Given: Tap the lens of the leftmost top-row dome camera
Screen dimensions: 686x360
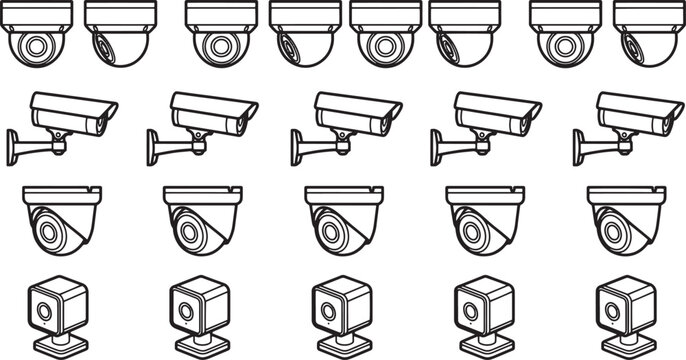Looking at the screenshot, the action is tap(37, 46).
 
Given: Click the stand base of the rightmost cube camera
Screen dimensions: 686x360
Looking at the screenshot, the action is tap(627, 345).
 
